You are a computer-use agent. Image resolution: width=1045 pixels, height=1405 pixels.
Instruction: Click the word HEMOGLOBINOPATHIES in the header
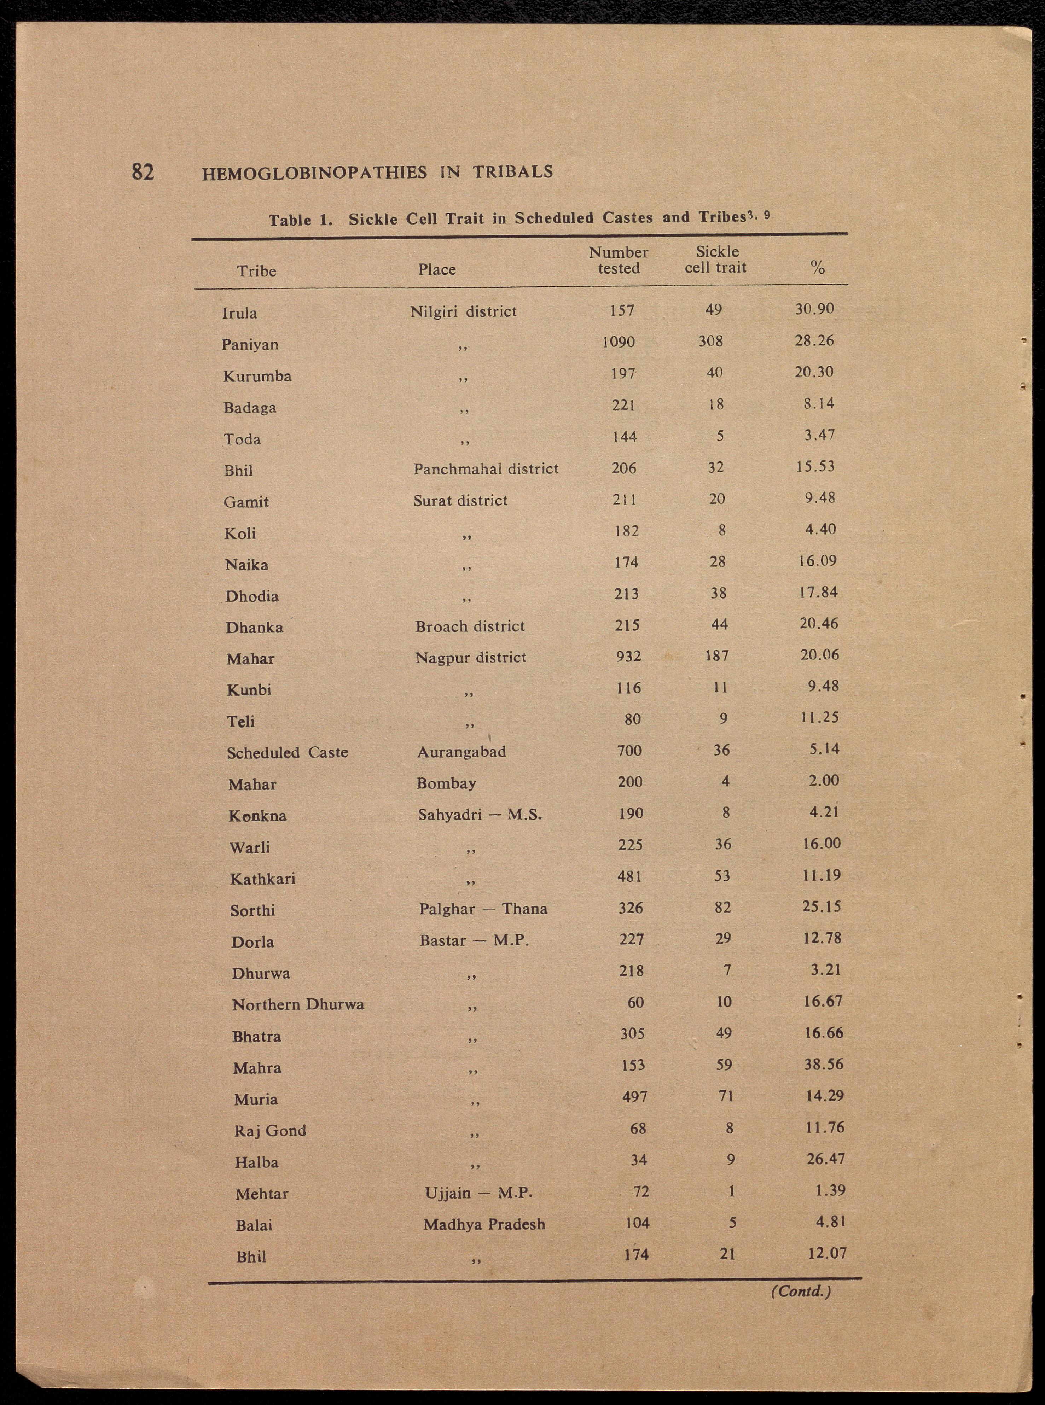(x=314, y=173)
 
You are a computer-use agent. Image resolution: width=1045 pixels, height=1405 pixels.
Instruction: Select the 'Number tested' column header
(x=618, y=260)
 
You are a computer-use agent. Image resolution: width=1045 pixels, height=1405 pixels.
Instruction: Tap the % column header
(x=817, y=268)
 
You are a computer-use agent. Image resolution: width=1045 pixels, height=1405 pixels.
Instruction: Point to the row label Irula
(x=240, y=313)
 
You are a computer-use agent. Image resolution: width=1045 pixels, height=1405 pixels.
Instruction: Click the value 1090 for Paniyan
(x=618, y=342)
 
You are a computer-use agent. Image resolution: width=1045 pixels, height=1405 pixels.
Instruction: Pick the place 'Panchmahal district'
(x=486, y=468)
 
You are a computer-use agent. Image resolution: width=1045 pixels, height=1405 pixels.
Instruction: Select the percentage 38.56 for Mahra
(x=824, y=1064)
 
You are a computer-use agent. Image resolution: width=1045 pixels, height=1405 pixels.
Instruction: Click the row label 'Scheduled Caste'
(x=288, y=752)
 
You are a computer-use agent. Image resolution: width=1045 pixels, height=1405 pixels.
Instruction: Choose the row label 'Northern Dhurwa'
(x=298, y=1005)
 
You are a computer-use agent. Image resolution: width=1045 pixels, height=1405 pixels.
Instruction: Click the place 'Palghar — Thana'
(x=483, y=909)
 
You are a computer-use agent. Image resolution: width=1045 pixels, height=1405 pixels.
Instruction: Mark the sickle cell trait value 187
(x=717, y=656)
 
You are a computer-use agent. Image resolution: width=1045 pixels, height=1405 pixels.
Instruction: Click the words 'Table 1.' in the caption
(x=301, y=220)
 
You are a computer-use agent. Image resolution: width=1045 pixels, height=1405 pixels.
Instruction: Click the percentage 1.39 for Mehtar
(x=830, y=1191)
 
